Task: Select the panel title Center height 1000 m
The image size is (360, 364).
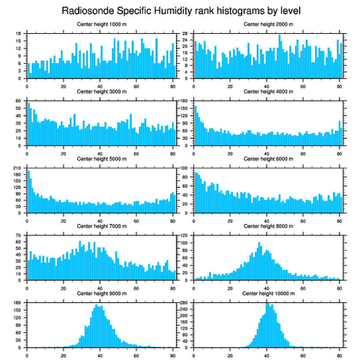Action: [x=102, y=24]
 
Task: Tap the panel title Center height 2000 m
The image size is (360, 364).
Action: [x=268, y=24]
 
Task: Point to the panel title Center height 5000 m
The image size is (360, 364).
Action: [x=102, y=159]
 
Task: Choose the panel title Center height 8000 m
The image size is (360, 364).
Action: [x=268, y=226]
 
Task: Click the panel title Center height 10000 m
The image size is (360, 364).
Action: [x=268, y=294]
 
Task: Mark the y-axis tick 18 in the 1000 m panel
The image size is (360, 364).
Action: [x=19, y=34]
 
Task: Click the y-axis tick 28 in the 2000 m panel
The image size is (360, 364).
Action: [x=186, y=34]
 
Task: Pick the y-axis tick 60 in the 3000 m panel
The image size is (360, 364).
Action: [x=19, y=101]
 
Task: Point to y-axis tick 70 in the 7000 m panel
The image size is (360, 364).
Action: [x=19, y=235]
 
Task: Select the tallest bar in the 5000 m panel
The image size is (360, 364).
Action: [x=29, y=192]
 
